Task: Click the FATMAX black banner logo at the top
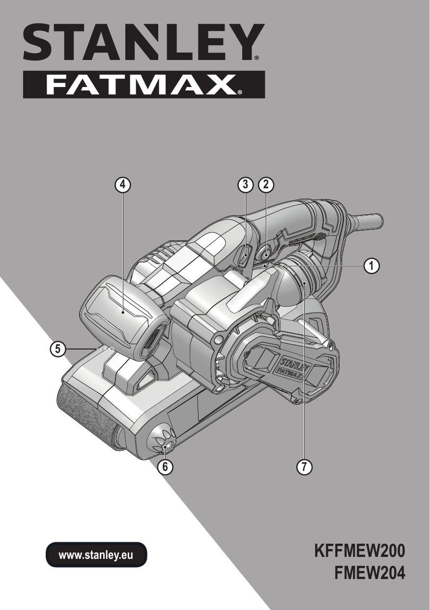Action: [144, 85]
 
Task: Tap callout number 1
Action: [372, 265]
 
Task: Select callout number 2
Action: [266, 185]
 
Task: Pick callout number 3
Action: [245, 185]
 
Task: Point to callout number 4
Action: [122, 185]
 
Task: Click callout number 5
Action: [57, 349]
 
